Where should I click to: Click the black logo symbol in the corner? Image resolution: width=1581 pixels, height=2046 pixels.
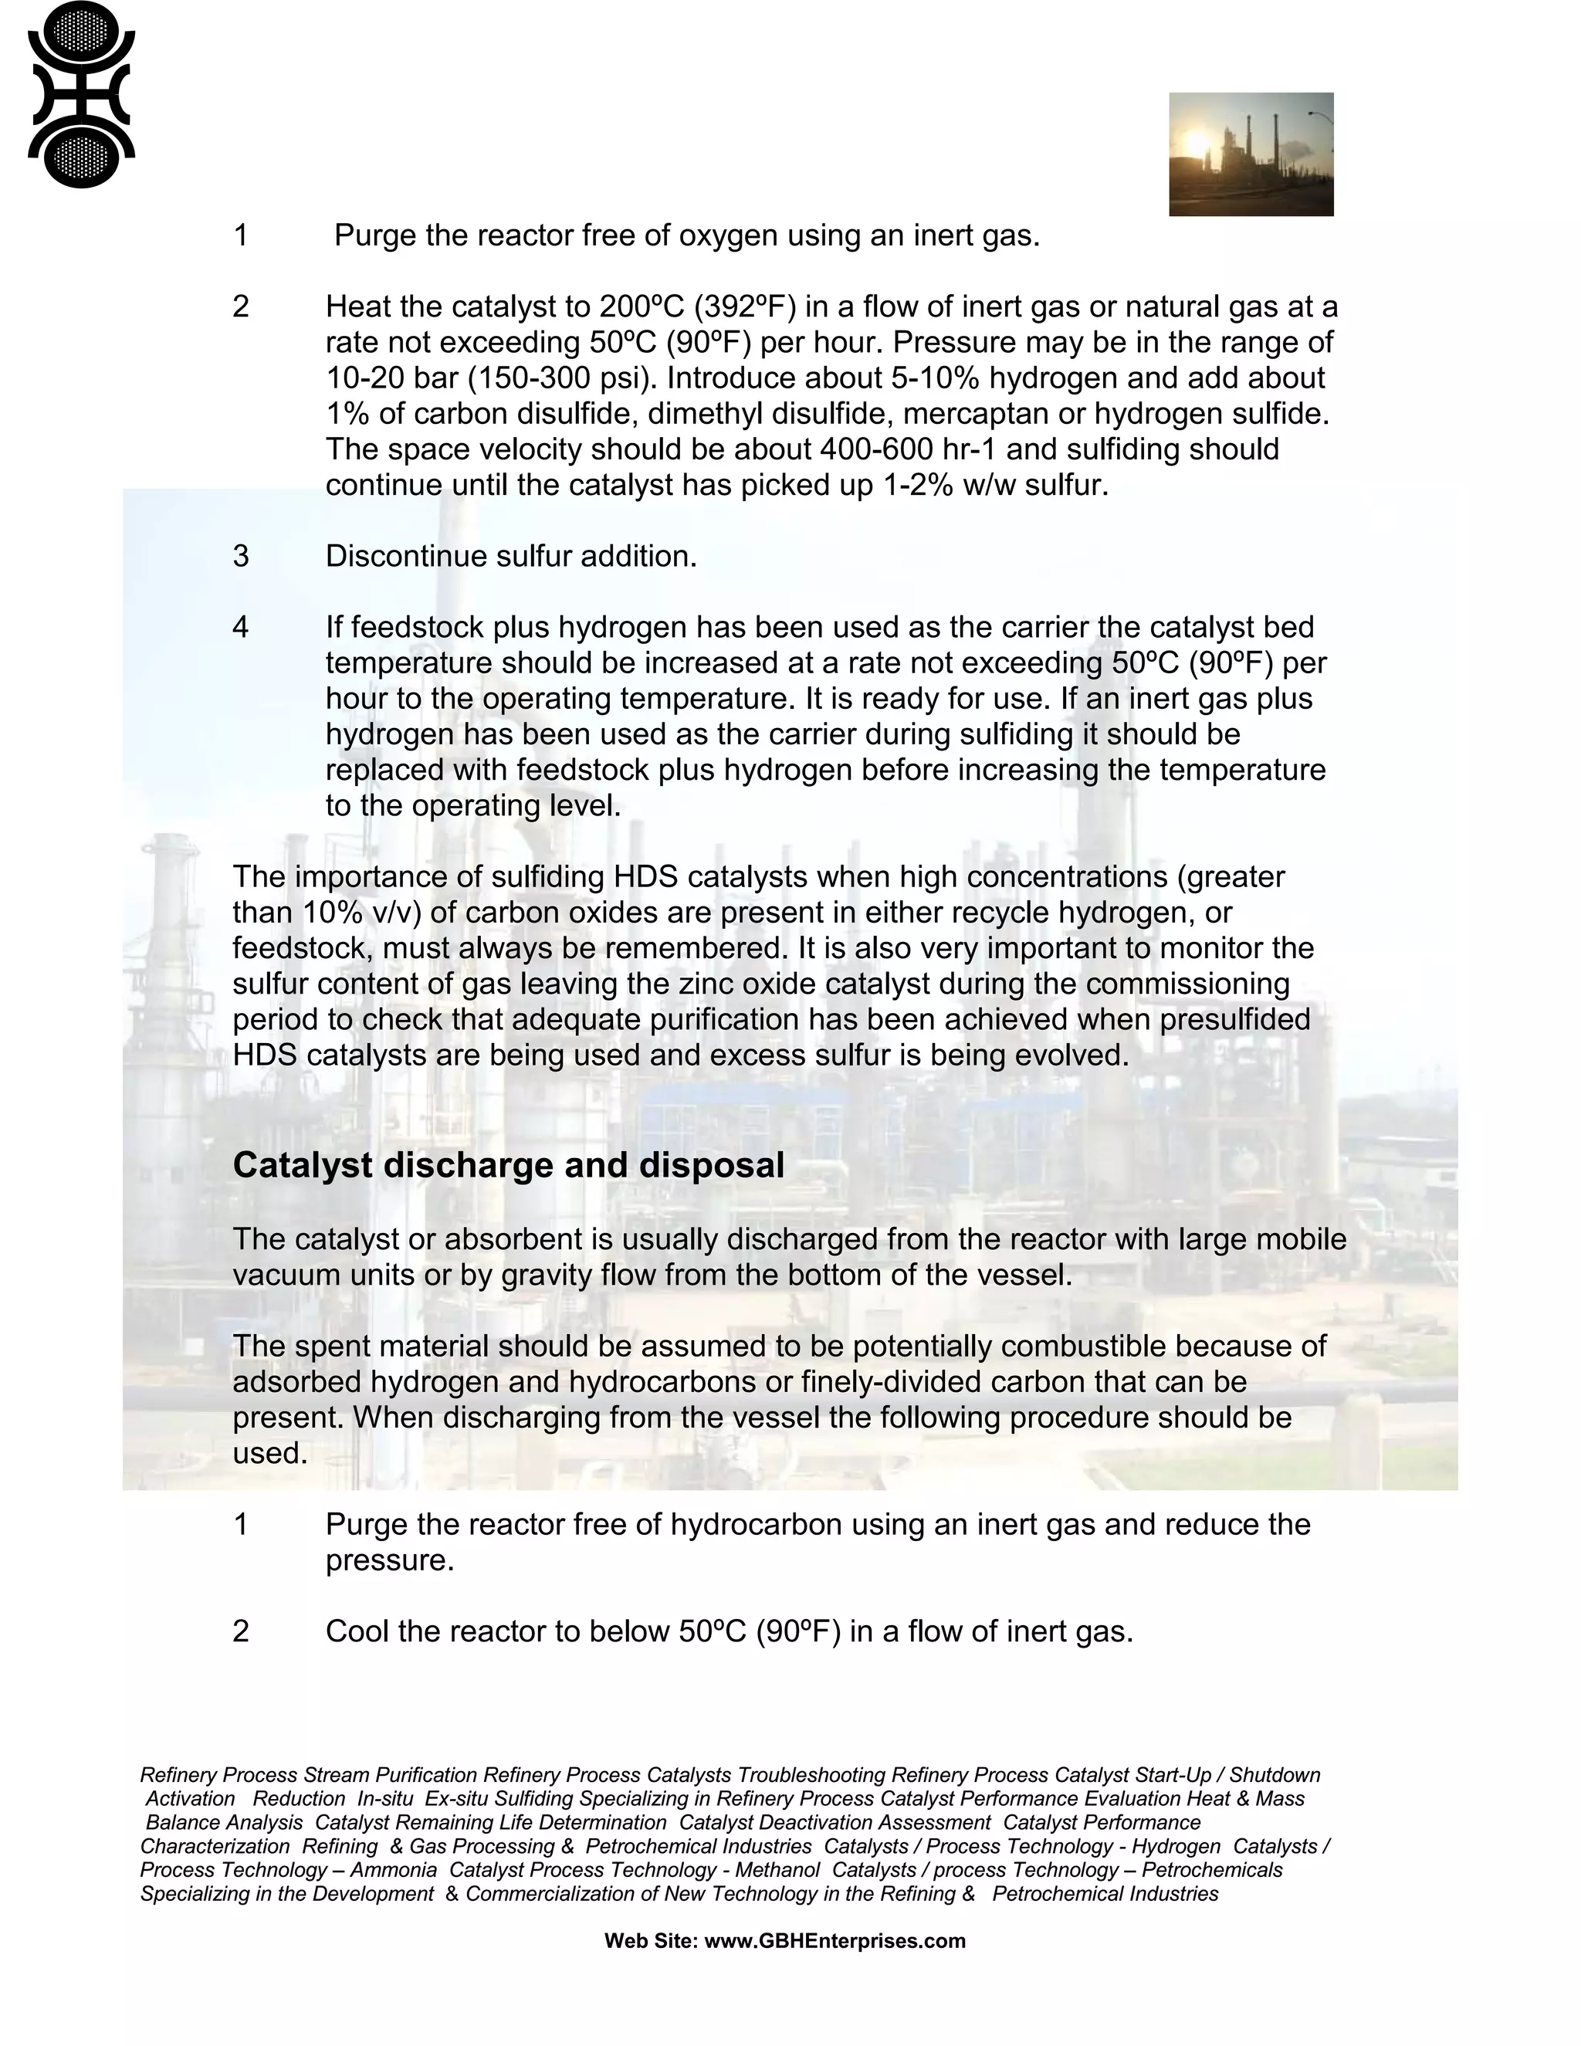tap(82, 95)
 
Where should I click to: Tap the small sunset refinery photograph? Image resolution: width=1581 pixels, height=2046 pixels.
tap(1251, 154)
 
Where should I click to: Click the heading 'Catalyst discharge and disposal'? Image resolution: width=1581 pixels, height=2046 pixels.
tap(508, 1165)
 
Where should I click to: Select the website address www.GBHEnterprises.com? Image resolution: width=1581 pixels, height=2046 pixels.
tap(834, 1941)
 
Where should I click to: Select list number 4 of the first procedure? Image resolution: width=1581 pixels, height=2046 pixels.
tap(241, 628)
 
